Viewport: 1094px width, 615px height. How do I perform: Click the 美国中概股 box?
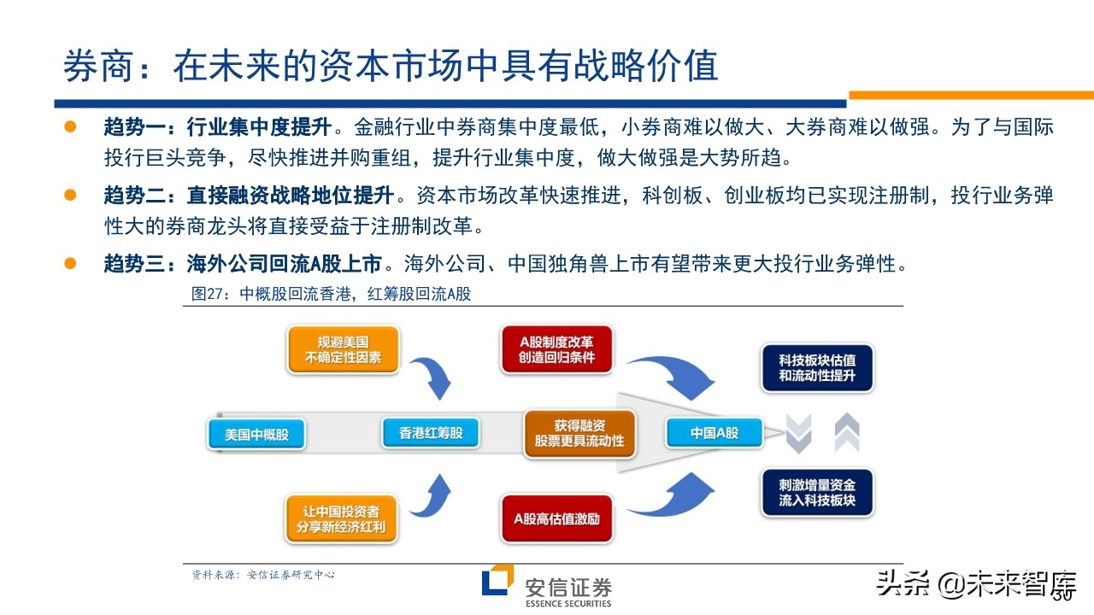coord(256,434)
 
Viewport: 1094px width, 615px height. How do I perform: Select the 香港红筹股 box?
coord(431,433)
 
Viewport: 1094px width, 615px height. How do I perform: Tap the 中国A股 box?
coord(715,433)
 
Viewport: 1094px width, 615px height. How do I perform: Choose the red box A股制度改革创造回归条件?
coord(556,349)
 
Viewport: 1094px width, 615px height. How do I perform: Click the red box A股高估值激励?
coord(556,518)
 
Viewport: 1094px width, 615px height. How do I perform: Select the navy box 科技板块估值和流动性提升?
coord(816,367)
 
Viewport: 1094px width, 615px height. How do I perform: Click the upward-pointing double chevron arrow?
coord(846,432)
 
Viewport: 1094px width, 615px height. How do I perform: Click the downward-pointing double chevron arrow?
coord(798,434)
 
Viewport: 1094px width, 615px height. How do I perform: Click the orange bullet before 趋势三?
coord(71,263)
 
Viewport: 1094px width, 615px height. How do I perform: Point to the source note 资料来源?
coord(262,575)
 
